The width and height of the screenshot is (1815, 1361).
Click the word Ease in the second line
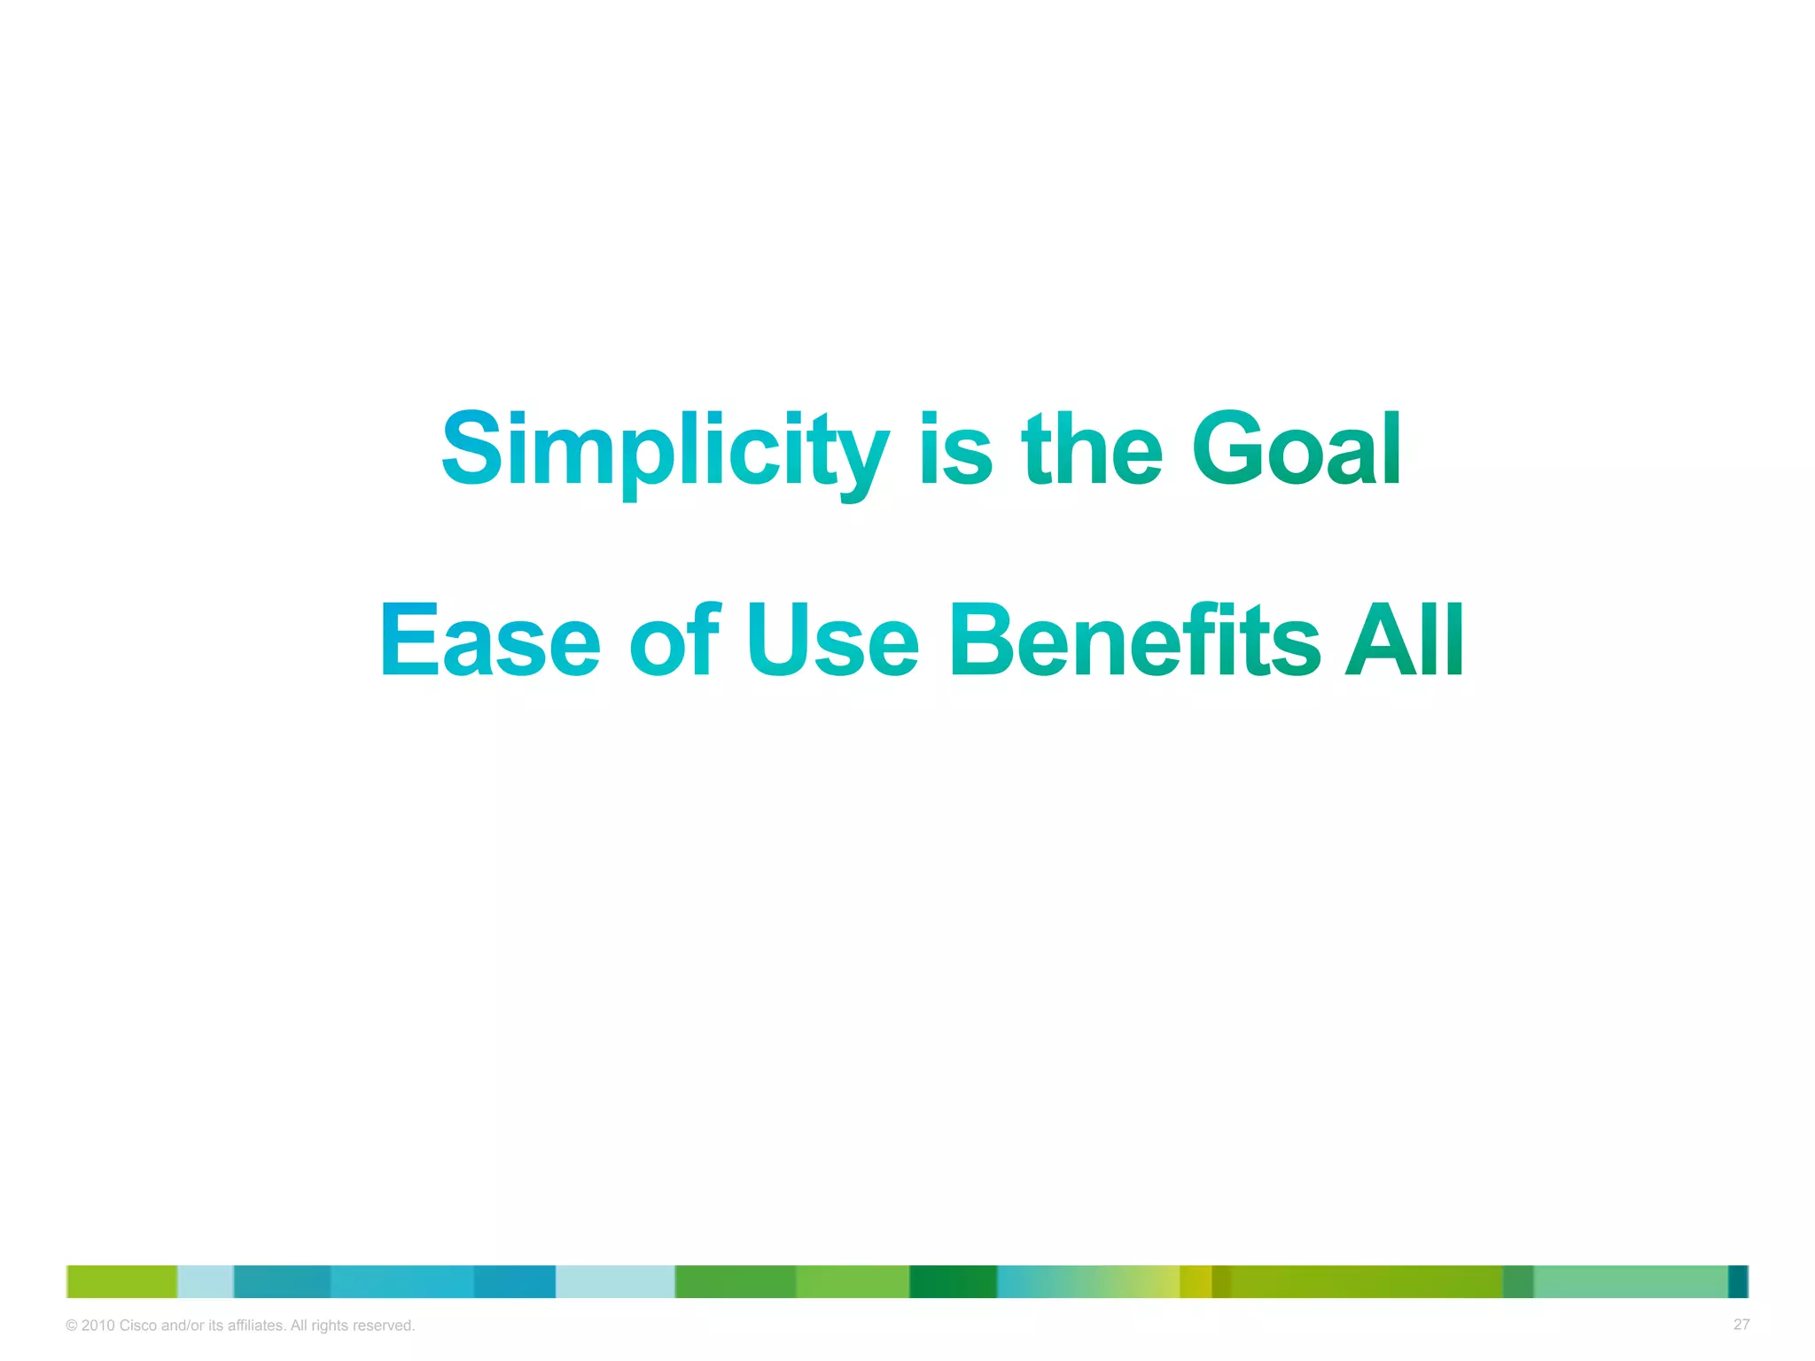coord(490,639)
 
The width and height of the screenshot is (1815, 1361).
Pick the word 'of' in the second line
coord(674,639)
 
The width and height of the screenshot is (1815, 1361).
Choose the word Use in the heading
coord(832,639)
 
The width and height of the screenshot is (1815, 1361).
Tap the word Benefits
coord(1135,639)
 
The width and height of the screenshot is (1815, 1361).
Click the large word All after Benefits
coord(1404,639)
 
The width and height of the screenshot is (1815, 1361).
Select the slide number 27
coord(1741,1325)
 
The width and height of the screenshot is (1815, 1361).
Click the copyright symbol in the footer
coord(72,1326)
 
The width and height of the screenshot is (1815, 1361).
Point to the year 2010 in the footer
coord(97,1326)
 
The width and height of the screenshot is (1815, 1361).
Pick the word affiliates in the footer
coord(256,1326)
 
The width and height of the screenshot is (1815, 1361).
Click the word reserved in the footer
coord(384,1326)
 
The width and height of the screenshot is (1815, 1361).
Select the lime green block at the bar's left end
coord(122,1281)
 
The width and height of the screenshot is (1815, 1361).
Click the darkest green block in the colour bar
coord(953,1281)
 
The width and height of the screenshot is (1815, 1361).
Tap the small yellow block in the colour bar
coord(1196,1281)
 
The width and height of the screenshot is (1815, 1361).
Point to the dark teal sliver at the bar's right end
coord(1738,1281)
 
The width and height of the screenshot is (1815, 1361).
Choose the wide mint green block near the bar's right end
coord(1630,1281)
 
